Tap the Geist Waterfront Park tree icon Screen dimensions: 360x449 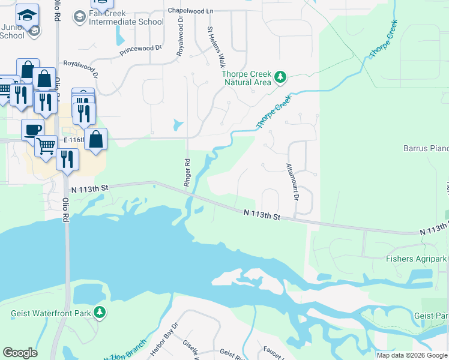click(x=100, y=313)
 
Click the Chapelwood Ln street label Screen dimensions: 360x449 click(x=190, y=11)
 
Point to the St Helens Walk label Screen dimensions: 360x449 click(x=214, y=46)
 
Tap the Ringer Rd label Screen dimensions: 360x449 click(x=187, y=172)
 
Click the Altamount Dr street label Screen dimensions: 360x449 click(x=292, y=181)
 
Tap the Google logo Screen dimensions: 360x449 click(x=20, y=353)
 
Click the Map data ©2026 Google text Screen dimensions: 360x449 click(x=412, y=355)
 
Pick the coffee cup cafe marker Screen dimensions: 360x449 click(x=32, y=128)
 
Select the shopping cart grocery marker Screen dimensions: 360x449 click(x=46, y=145)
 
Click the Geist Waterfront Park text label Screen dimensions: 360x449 click(x=50, y=313)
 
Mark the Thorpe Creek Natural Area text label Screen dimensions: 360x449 click(x=247, y=78)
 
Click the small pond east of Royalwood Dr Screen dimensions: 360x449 click(x=176, y=125)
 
